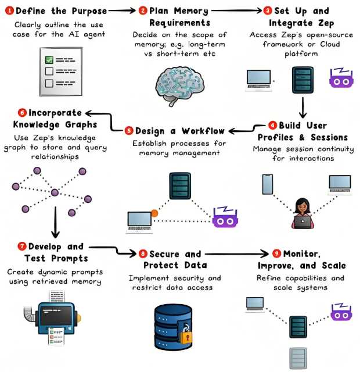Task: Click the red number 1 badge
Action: [9, 10]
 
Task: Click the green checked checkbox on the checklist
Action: [49, 59]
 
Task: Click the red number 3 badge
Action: [267, 10]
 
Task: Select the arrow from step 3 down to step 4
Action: [303, 107]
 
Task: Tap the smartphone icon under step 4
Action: [268, 184]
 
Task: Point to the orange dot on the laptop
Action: [154, 213]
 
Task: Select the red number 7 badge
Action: [23, 247]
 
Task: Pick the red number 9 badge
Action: [278, 253]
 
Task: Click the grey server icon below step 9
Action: [297, 358]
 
